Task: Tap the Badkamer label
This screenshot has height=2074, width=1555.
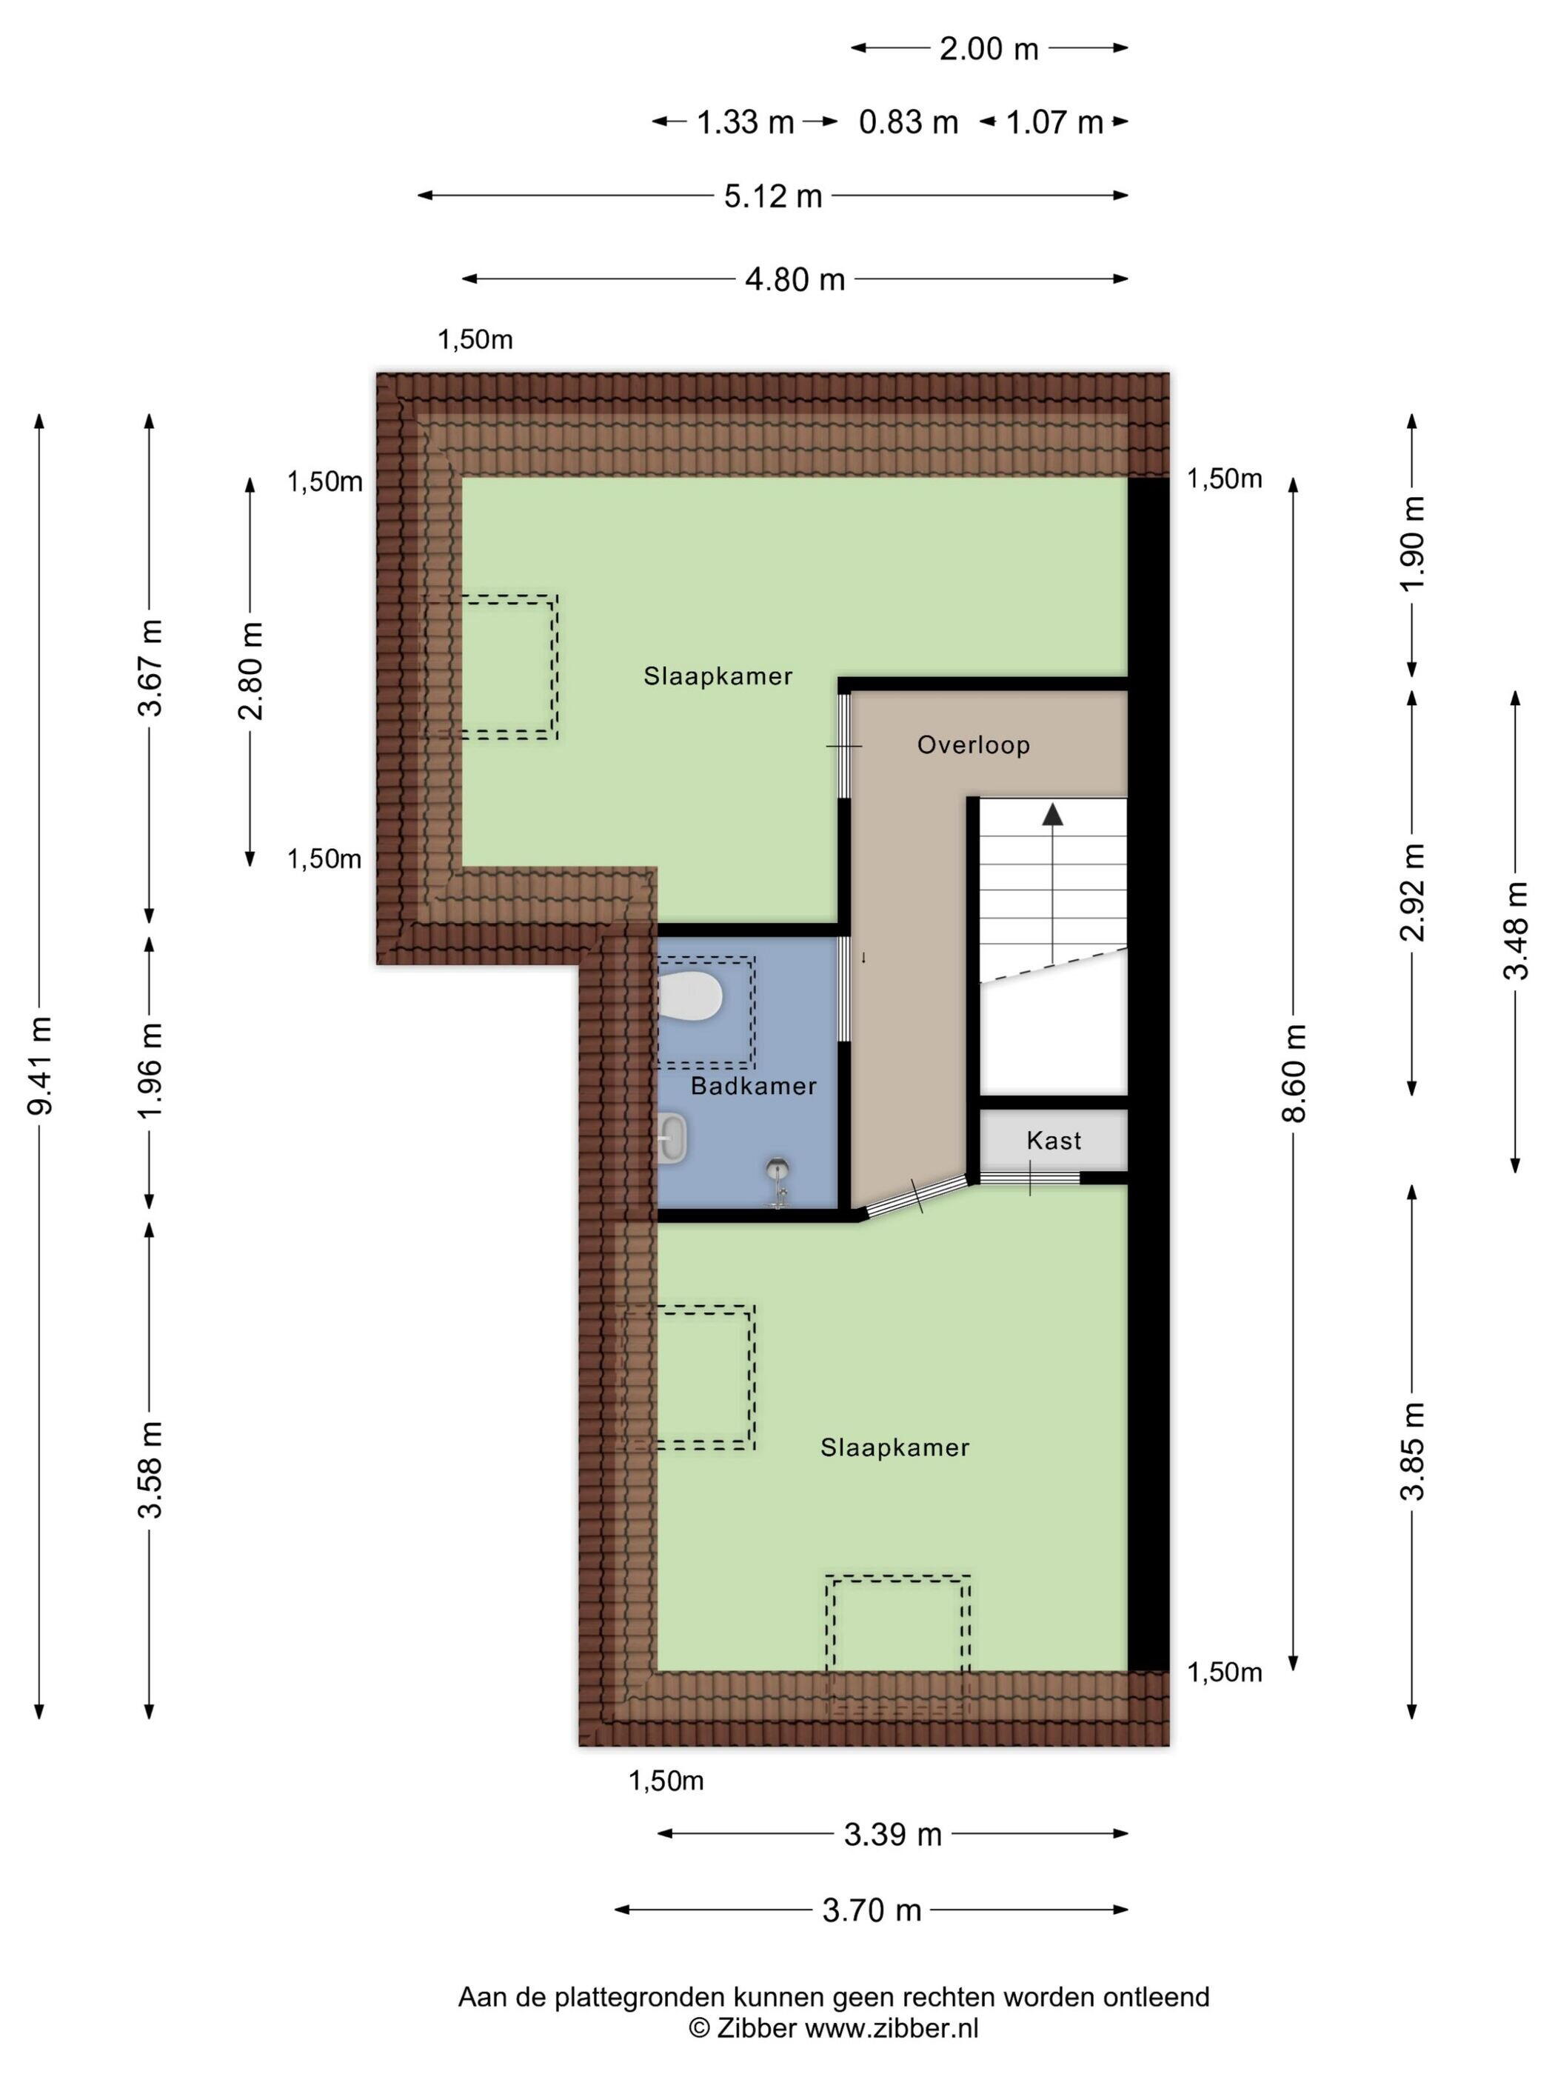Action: click(x=754, y=1086)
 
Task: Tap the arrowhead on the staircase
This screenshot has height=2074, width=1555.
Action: click(x=1053, y=814)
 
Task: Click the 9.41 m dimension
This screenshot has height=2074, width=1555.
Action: click(x=40, y=1065)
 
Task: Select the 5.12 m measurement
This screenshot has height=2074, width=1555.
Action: click(x=773, y=196)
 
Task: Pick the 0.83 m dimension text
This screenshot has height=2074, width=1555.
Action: click(x=909, y=122)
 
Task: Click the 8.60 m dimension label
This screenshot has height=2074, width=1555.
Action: click(x=1294, y=1073)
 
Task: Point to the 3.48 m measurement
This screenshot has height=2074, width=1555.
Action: click(x=1516, y=931)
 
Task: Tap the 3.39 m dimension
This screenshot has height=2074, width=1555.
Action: click(x=892, y=1835)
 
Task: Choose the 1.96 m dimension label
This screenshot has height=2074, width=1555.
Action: click(x=151, y=1069)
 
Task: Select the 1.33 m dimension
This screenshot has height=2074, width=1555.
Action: click(x=745, y=122)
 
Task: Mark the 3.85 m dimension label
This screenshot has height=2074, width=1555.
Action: click(x=1413, y=1451)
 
